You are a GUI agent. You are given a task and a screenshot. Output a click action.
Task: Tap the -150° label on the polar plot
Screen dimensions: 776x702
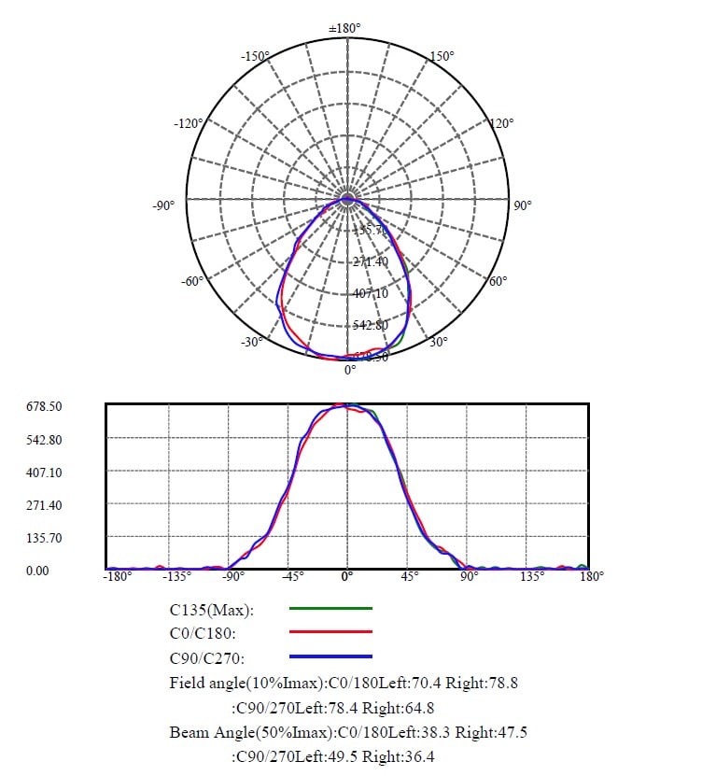(254, 57)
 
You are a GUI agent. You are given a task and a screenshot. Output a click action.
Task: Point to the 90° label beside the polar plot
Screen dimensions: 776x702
(522, 205)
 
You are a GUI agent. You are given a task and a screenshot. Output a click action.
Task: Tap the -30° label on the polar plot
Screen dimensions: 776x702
(250, 342)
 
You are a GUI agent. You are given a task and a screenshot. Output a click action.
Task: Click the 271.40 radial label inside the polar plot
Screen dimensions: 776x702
(371, 261)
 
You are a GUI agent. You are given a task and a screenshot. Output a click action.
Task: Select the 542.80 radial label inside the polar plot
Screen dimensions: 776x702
(371, 325)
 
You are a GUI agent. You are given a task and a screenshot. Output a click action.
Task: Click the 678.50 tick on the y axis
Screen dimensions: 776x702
(43, 407)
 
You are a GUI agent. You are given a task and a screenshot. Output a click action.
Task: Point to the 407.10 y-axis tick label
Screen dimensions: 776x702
(43, 473)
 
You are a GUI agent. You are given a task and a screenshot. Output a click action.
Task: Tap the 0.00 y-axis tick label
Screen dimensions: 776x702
(37, 570)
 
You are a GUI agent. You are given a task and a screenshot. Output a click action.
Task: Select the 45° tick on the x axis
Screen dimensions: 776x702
(409, 576)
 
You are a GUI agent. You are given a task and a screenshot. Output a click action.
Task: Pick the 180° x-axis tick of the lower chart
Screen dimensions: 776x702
(591, 576)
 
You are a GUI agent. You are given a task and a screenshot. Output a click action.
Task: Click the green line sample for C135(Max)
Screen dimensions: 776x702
(330, 608)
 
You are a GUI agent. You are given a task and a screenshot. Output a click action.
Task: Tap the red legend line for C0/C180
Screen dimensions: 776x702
(330, 632)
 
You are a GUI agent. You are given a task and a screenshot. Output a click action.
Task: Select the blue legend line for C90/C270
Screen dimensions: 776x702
(330, 656)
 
